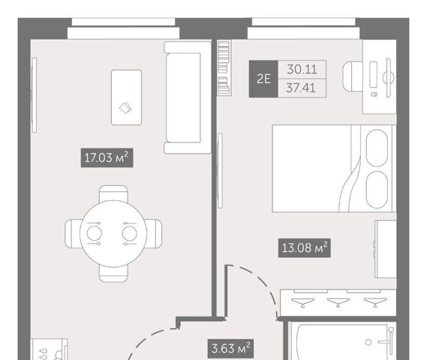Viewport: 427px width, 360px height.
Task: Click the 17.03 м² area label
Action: coord(107,157)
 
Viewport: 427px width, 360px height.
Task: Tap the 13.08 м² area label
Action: coord(305,248)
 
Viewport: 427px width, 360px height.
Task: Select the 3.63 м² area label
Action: coord(230,348)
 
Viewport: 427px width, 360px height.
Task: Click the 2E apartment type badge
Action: coord(263,79)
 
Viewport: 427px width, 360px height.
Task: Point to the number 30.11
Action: coord(302,70)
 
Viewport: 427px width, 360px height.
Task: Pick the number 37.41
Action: coord(301,88)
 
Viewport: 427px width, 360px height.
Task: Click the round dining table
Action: coord(113,233)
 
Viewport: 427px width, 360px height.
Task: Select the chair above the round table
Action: coord(113,193)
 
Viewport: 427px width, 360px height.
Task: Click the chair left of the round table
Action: coord(73,233)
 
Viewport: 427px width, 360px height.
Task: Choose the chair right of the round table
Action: coord(154,233)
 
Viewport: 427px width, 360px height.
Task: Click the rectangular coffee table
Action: coord(126,97)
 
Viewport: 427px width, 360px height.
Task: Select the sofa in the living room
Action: coord(188,97)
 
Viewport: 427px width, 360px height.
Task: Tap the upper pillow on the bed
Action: coord(377,148)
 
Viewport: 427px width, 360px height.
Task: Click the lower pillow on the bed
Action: coord(377,190)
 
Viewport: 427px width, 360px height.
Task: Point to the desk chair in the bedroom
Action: coord(353,76)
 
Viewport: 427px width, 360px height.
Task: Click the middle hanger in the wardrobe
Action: coord(338,302)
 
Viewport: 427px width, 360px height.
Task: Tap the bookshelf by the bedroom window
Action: coord(224,67)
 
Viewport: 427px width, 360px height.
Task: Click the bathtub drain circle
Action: coord(368,342)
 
